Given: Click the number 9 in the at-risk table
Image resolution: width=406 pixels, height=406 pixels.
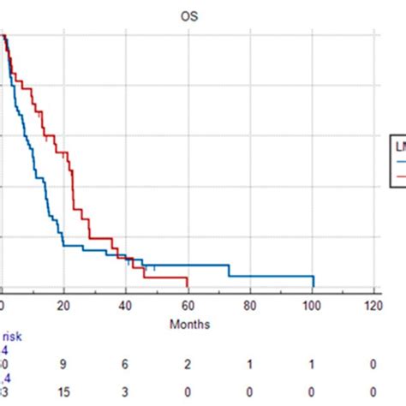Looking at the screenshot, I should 63,364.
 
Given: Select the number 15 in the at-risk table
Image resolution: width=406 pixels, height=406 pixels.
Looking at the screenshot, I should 63,391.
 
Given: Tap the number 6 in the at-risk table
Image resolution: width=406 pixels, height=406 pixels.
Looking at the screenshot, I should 126,364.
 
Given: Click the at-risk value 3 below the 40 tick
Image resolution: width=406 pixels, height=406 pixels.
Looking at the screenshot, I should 126,391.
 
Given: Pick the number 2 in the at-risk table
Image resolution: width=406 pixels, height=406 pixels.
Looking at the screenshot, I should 188,364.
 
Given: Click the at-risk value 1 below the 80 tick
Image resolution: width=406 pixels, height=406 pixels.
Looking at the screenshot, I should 250,364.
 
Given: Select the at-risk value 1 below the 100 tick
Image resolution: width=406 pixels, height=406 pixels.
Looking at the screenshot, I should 312,364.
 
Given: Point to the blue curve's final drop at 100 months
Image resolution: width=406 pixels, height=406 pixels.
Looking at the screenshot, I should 313,281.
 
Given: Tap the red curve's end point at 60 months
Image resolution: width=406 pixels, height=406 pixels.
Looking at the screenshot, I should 188,284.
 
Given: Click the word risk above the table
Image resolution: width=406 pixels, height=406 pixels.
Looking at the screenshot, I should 15,337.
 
